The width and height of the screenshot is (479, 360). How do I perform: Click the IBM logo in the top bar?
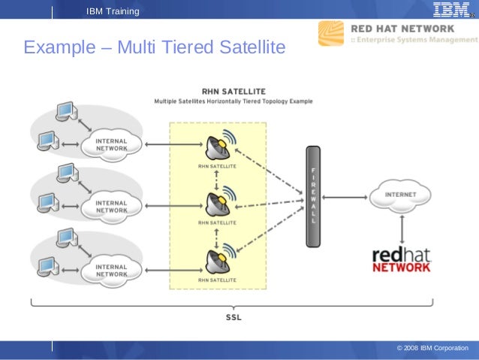coord(450,10)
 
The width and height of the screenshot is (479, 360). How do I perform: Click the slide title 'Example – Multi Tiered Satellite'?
coord(155,48)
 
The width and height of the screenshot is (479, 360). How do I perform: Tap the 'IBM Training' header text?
coord(113,11)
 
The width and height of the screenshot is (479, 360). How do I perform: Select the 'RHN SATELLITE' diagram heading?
coord(233,91)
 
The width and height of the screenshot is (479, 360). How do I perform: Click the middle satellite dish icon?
coord(218,202)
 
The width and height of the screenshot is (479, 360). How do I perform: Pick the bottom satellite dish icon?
coord(218,260)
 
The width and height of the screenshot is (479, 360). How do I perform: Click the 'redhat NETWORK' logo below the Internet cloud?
coord(402,258)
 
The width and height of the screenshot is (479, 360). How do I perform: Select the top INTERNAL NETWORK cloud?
coord(110,144)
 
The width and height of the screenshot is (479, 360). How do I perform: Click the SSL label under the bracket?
coord(233,317)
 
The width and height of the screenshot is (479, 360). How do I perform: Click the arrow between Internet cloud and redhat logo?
coord(403,225)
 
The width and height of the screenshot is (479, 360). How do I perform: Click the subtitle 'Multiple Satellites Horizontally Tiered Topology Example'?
coord(233,101)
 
